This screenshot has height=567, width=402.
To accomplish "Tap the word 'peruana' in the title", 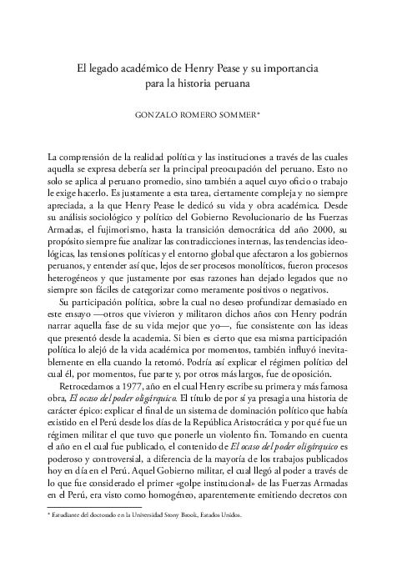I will click(228, 83).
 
